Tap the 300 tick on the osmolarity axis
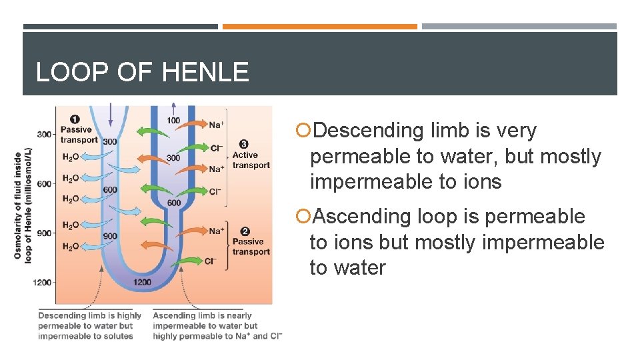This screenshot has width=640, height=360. (x=44, y=135)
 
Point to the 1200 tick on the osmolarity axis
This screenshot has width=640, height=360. (x=43, y=283)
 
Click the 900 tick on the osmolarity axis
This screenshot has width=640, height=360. (x=44, y=233)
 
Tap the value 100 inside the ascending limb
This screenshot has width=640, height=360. (x=173, y=121)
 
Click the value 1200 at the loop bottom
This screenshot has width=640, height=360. (x=143, y=283)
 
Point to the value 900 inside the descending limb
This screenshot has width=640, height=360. (x=110, y=236)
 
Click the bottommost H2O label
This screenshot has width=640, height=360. (x=71, y=247)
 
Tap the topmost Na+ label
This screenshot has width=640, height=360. (x=216, y=125)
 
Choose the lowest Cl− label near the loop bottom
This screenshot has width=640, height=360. (x=211, y=261)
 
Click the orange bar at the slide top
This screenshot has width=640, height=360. (x=320, y=27)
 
